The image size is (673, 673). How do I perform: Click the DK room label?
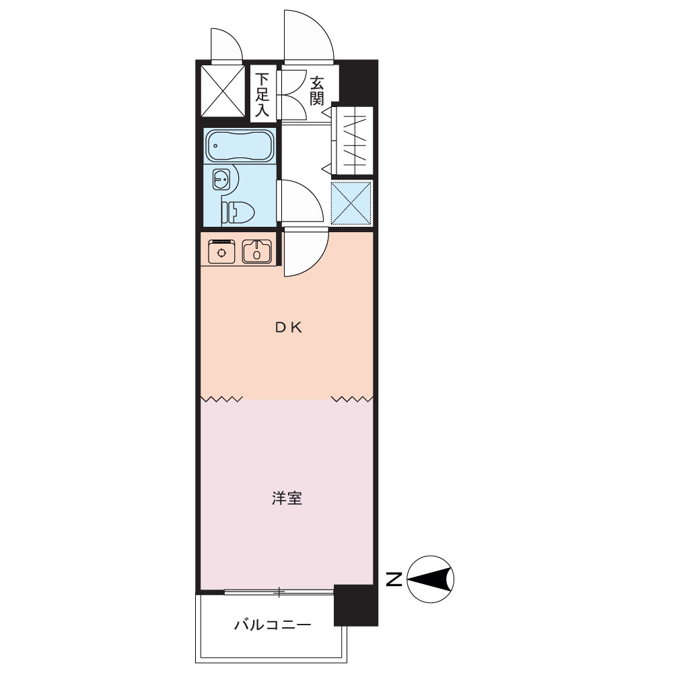pos(289,328)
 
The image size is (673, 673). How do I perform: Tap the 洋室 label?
pos(287,498)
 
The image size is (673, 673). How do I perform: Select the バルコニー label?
pos(272,625)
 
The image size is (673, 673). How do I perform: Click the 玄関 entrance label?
pos(317,91)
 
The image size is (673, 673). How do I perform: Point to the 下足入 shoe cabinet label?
pos(262,95)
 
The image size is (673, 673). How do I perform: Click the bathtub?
pos(240,145)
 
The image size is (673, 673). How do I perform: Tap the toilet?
pos(239,212)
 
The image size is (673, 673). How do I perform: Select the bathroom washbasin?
pos(221,178)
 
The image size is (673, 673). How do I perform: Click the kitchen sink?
pos(256,251)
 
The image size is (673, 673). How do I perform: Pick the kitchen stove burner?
pos(221,252)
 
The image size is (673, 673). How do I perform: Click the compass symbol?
pos(430,579)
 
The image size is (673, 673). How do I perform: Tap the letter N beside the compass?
pos(394,579)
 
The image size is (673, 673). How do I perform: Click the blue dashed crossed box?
pos(351,203)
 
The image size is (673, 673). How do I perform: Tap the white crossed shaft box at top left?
pos(223,91)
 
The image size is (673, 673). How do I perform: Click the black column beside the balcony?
pos(356,605)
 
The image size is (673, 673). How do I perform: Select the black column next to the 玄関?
pos(359,81)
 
